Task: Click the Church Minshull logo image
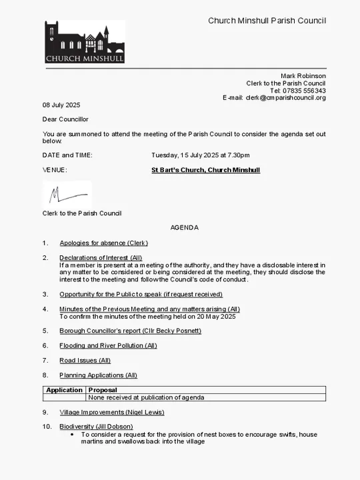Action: click(85, 41)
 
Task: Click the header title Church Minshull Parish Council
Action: click(267, 21)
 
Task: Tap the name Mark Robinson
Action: click(303, 76)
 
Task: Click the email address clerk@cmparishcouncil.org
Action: click(285, 98)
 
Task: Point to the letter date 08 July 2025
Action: click(61, 105)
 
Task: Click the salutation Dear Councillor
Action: click(65, 119)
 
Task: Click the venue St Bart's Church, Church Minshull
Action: click(205, 170)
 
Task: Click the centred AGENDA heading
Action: click(184, 227)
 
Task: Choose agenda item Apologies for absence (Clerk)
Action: click(103, 243)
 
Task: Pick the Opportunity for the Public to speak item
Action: click(141, 294)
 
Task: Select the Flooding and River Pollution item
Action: click(108, 345)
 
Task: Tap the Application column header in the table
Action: click(64, 390)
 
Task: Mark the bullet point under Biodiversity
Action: click(72, 435)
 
